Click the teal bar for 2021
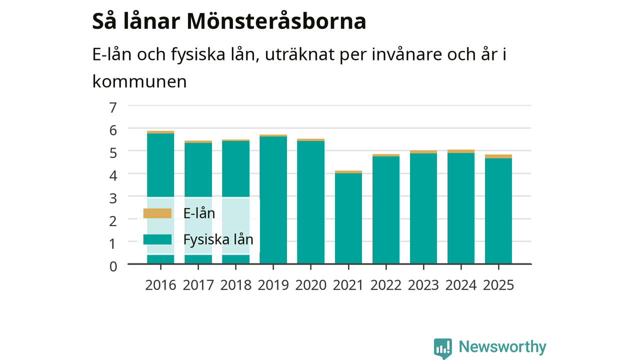348,218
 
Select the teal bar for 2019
273,200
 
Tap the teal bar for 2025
498,211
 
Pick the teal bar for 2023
423,208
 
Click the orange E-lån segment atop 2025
498,156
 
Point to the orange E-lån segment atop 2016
160,132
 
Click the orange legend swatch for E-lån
157,213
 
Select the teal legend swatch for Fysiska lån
157,239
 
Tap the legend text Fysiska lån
218,239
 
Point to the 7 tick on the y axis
113,107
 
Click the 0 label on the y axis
113,266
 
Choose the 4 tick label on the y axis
113,175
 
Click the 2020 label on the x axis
310,285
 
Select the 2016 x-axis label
160,285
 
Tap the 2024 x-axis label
461,285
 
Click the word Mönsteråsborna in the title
276,21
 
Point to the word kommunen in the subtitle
139,81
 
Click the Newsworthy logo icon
443,348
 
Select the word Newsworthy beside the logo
502,347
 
